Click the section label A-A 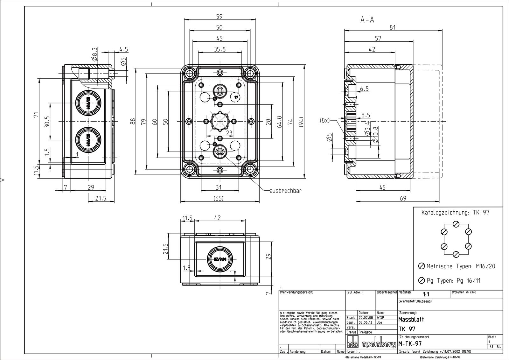click(x=367, y=20)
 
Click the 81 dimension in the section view click(x=393, y=28)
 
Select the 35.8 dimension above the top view click(x=220, y=49)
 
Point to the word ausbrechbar click(x=285, y=191)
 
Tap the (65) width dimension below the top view click(x=218, y=198)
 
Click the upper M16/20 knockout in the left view click(x=88, y=103)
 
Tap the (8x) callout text click(x=325, y=121)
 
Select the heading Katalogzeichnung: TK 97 click(x=455, y=213)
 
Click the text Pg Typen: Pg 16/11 click(x=453, y=280)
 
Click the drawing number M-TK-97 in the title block click(x=410, y=344)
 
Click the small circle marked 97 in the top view click(x=236, y=97)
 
